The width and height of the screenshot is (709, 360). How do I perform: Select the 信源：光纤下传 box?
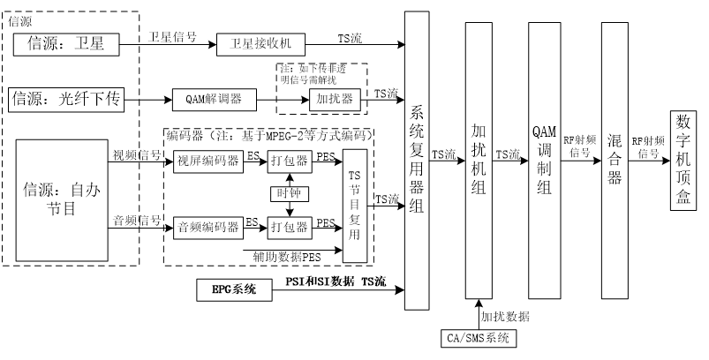click(65, 99)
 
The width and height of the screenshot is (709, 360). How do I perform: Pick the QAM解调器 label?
click(215, 99)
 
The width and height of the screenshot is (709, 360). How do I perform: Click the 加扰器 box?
click(335, 99)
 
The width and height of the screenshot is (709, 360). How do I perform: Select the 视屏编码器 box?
click(208, 161)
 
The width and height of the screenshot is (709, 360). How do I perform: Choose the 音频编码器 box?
click(208, 227)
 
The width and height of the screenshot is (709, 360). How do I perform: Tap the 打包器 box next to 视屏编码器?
click(290, 161)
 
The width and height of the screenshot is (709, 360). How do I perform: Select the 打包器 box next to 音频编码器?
click(290, 227)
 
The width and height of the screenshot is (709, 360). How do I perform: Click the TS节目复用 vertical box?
click(355, 206)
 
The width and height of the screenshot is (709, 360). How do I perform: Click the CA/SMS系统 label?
click(478, 338)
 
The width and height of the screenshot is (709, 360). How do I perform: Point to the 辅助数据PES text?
click(287, 258)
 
